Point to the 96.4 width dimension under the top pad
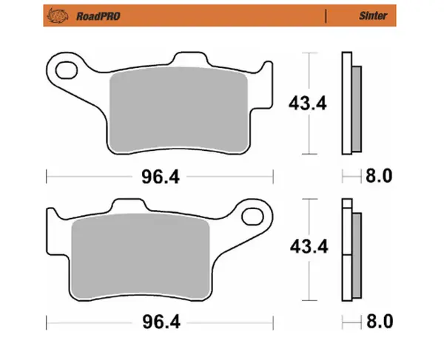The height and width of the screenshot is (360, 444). point(160,176)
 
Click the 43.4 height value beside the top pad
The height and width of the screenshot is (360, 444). point(307,103)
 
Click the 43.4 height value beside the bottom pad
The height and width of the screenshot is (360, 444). point(307,250)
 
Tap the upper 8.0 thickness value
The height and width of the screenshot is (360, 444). point(378,176)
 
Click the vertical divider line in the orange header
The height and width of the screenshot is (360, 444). point(326,14)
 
